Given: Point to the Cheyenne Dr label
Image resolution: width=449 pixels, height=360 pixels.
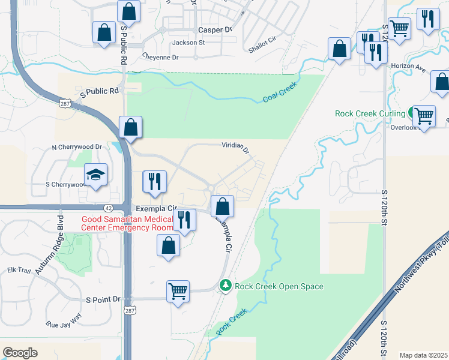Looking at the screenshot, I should pyautogui.click(x=160, y=57).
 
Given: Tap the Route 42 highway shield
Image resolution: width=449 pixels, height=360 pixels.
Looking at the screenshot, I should pyautogui.click(x=108, y=208).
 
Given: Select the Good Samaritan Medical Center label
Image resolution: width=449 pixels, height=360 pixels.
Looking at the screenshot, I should pyautogui.click(x=128, y=223).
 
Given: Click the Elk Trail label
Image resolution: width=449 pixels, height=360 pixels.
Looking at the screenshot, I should pyautogui.click(x=19, y=271).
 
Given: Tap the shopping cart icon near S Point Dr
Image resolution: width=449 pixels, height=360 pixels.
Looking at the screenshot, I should pyautogui.click(x=178, y=291).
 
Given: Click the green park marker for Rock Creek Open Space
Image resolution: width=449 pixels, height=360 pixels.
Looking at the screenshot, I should pyautogui.click(x=225, y=286).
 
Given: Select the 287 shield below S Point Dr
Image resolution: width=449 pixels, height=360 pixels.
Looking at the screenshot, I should pyautogui.click(x=130, y=311).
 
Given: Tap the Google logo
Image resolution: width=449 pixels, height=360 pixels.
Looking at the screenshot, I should pyautogui.click(x=20, y=353).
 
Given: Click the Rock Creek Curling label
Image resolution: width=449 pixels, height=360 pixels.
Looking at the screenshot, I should pyautogui.click(x=370, y=113).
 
